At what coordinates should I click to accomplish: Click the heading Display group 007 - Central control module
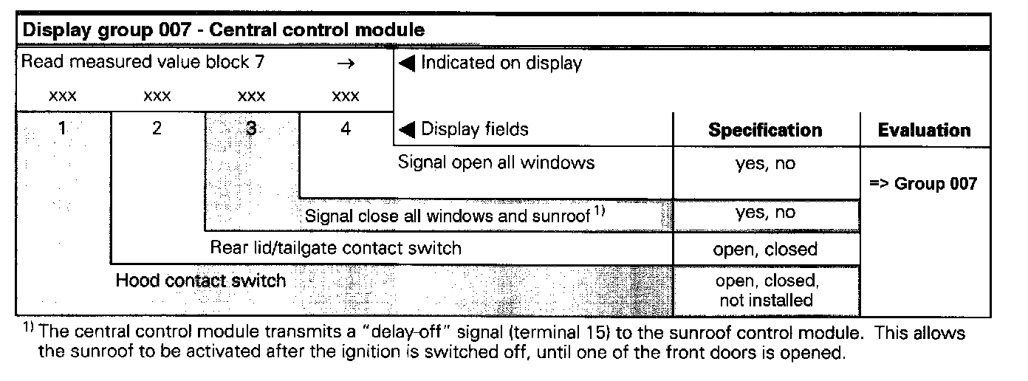pyautogui.click(x=225, y=30)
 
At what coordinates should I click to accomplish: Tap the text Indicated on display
pyautogui.click(x=501, y=63)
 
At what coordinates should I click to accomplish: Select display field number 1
pyautogui.click(x=63, y=128)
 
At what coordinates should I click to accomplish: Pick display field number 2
pyautogui.click(x=157, y=128)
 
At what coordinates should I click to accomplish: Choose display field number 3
pyautogui.click(x=251, y=128)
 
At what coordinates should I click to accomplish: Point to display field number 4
pyautogui.click(x=346, y=128)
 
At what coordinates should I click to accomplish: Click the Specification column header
pyautogui.click(x=765, y=130)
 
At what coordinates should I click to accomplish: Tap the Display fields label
pyautogui.click(x=474, y=129)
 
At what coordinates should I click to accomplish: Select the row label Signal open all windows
pyautogui.click(x=496, y=162)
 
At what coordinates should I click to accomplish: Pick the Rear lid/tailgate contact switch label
pyautogui.click(x=335, y=248)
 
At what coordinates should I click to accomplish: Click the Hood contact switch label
pyautogui.click(x=200, y=281)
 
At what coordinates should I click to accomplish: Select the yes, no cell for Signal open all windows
pyautogui.click(x=765, y=163)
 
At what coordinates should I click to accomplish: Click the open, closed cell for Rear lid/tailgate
pyautogui.click(x=765, y=249)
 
